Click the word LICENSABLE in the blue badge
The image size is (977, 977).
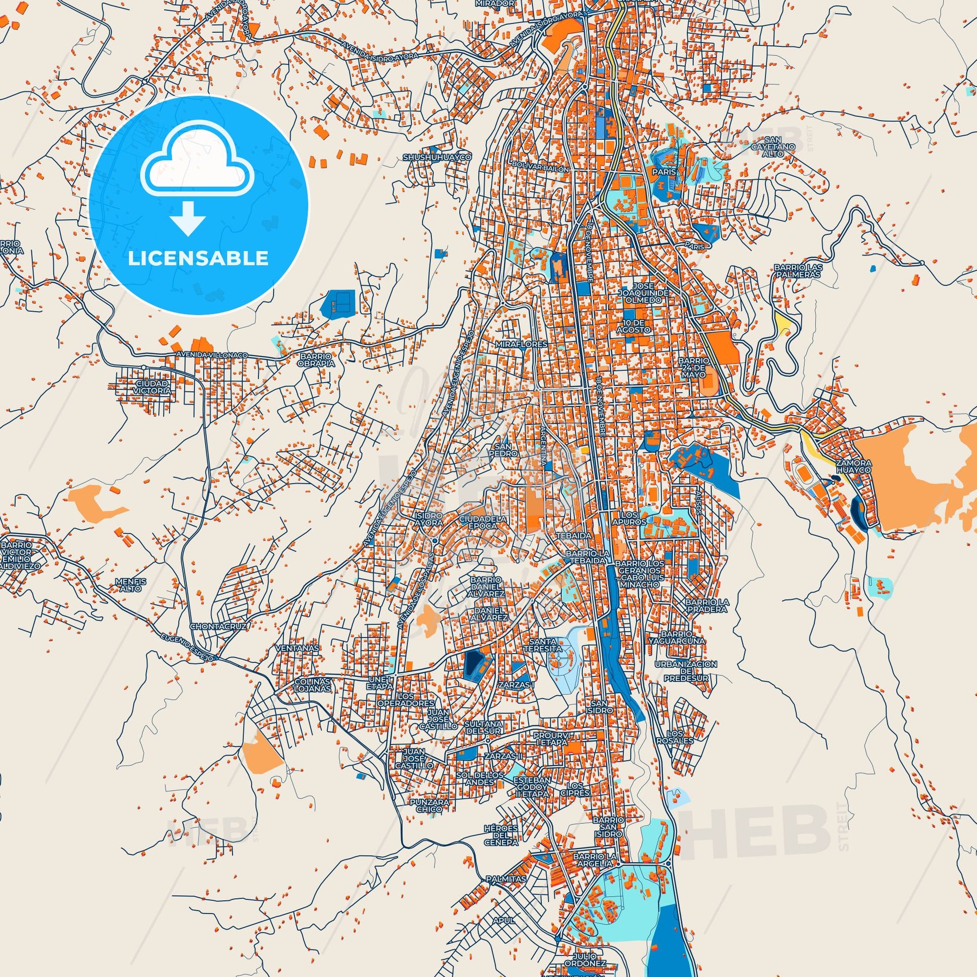click(198, 259)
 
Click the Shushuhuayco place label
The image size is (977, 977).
click(437, 158)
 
